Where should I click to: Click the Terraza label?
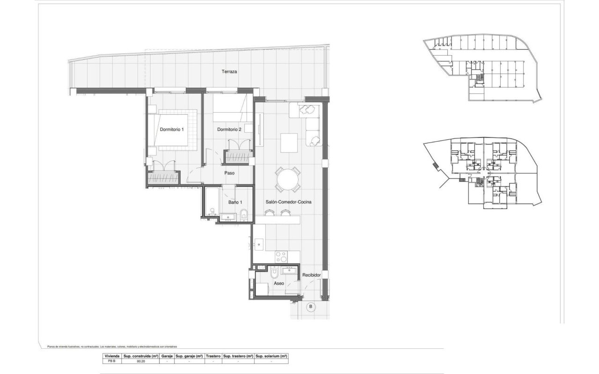tap(229, 72)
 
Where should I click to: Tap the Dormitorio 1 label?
tap(172, 129)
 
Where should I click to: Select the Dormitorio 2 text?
tap(229, 129)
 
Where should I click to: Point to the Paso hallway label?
tap(229, 173)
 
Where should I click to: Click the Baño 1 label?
tap(235, 202)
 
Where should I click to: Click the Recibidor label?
tap(311, 275)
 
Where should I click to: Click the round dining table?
tap(288, 180)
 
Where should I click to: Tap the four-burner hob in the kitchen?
tap(281, 257)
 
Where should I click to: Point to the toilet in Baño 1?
tap(244, 215)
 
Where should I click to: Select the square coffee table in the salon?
tap(289, 143)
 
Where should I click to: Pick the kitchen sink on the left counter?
tap(259, 244)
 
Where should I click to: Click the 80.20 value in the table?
tap(140, 361)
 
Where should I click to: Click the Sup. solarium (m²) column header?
tap(271, 356)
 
